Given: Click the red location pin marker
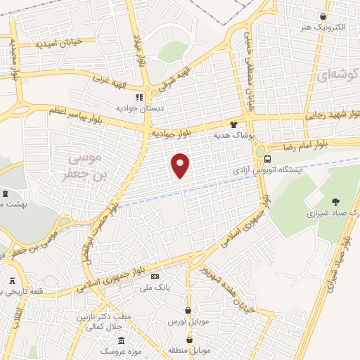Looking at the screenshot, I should pyautogui.click(x=181, y=165).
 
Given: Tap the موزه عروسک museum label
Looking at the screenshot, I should pyautogui.click(x=113, y=350).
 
